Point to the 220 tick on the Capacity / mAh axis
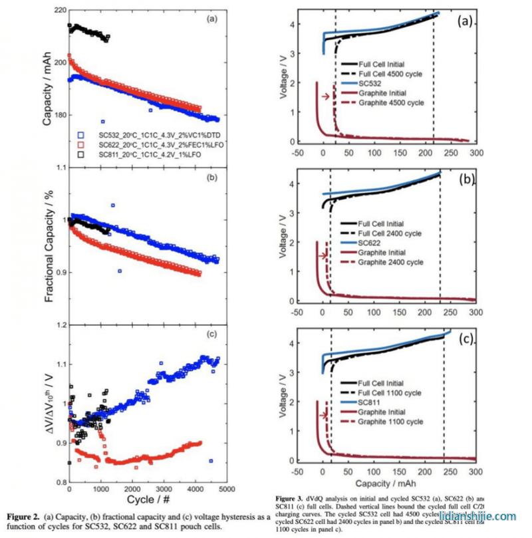click(x=57, y=11)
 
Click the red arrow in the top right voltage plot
click(x=325, y=97)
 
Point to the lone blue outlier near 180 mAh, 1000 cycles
click(x=103, y=122)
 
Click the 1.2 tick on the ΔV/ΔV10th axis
click(x=59, y=325)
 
